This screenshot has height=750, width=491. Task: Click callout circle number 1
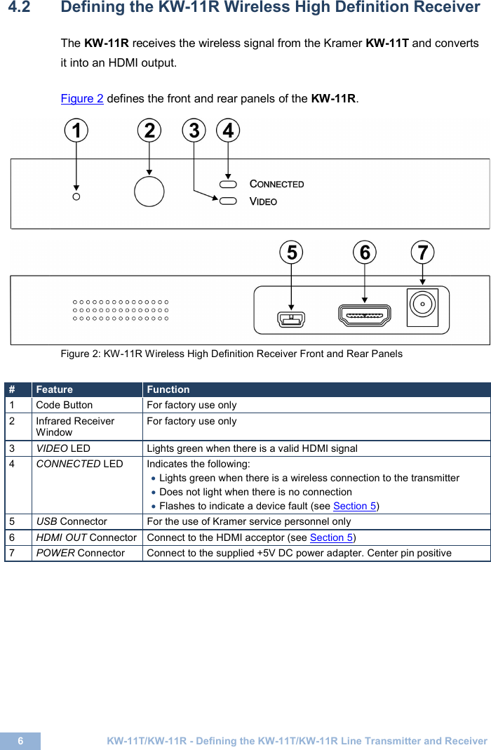[76, 130]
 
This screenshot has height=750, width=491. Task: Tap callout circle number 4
[228, 130]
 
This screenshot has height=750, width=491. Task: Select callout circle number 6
[365, 252]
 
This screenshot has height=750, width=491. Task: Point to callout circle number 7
[422, 252]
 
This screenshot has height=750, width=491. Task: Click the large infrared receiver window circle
[149, 191]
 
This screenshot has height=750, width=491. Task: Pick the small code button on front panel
[76, 196]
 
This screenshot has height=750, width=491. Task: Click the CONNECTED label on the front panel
[277, 184]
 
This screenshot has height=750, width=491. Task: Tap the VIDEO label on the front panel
[264, 202]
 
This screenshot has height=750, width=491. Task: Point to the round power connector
[422, 307]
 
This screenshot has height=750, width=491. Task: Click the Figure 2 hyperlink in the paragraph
[82, 98]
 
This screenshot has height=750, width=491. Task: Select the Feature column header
[54, 389]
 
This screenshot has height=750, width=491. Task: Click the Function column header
[168, 389]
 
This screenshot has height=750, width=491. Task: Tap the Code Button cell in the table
[64, 405]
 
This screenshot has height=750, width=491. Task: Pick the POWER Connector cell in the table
[80, 553]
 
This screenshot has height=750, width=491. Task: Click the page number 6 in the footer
[20, 741]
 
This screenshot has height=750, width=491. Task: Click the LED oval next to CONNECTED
[228, 184]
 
